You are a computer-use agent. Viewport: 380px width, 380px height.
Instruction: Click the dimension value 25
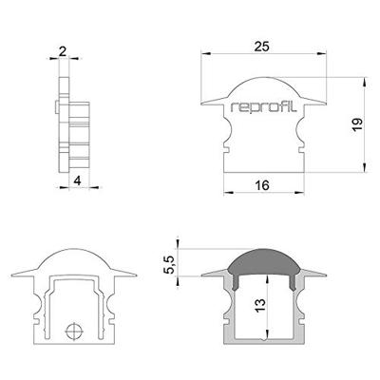(x=262, y=46)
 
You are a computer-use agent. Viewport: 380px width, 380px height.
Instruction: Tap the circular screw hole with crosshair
(x=73, y=332)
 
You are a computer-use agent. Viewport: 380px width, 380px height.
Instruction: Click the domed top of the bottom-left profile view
(x=72, y=256)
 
